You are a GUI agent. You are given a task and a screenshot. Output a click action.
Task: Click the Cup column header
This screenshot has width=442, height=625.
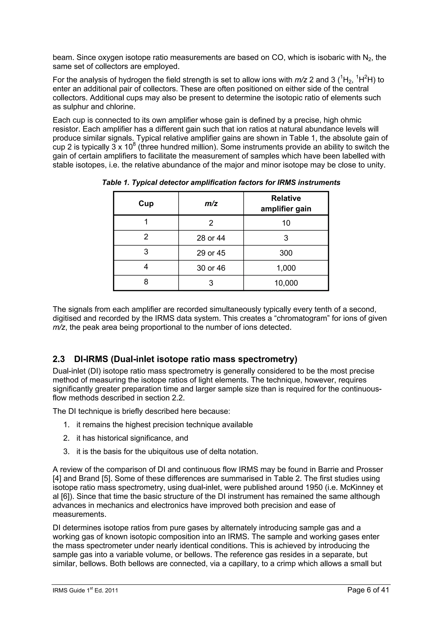click(x=146, y=203)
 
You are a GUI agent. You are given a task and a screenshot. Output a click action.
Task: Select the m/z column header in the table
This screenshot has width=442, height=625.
click(x=211, y=203)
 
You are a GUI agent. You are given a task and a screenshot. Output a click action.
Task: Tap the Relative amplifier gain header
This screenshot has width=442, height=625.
click(x=286, y=203)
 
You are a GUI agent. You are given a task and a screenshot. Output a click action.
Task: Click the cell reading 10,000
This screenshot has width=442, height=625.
click(x=286, y=283)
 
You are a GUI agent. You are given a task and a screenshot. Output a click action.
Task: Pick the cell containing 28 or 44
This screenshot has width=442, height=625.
click(x=211, y=238)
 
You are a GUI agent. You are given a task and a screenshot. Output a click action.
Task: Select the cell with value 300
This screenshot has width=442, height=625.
click(x=286, y=253)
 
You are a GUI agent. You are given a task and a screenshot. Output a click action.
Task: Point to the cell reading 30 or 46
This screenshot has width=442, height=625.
click(x=211, y=268)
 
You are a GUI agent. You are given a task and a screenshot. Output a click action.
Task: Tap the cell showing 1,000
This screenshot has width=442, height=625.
click(x=286, y=268)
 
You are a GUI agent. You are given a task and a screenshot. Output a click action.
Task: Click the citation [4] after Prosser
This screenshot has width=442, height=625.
click(x=57, y=479)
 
